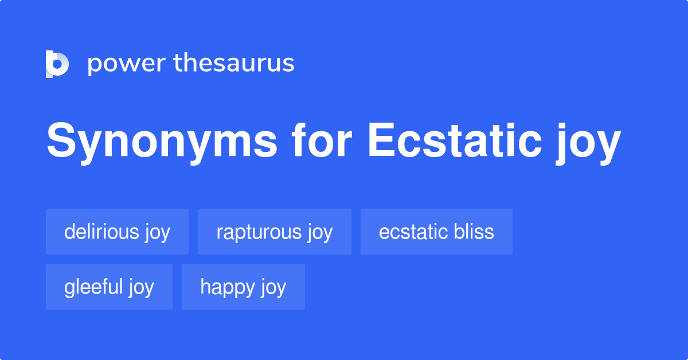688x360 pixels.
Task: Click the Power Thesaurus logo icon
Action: point(57,64)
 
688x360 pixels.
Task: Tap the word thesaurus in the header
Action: point(234,64)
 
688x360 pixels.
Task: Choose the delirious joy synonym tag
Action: point(117,232)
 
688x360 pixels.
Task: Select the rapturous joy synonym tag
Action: point(274,232)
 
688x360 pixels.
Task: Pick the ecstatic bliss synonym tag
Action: point(436,232)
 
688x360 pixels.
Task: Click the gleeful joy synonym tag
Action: point(109,287)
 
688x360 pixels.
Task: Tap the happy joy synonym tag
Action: point(243,287)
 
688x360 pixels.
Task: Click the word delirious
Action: point(101,232)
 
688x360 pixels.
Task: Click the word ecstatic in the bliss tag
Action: point(411,232)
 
